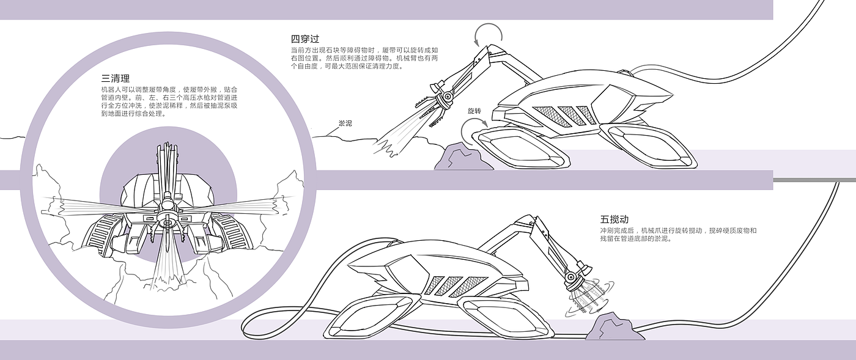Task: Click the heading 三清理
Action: coord(116,78)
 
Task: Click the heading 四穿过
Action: coord(305,39)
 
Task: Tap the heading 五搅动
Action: coord(614,219)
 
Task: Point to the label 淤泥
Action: coord(345,123)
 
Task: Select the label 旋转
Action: coord(474,111)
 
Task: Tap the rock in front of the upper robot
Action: coord(463,156)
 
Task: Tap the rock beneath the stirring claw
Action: coord(615,327)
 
